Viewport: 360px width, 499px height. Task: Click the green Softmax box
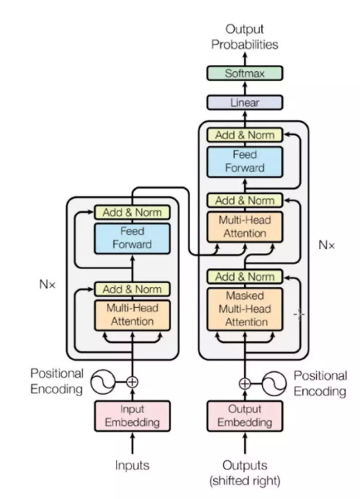coord(245,73)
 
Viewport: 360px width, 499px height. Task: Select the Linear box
coord(245,102)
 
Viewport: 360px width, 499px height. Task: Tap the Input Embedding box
coord(132,416)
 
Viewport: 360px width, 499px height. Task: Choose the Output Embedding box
coord(245,416)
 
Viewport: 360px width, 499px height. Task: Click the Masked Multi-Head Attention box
coord(245,309)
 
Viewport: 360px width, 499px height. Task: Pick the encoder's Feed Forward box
coord(132,238)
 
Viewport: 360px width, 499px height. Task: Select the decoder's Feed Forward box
coord(245,162)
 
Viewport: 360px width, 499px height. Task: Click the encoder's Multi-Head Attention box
coord(132,315)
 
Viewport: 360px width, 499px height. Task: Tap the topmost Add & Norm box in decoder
coord(245,135)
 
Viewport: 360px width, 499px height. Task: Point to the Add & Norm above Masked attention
coord(245,276)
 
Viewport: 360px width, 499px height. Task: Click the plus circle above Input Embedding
coord(132,382)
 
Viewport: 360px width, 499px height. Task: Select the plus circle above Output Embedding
coord(245,384)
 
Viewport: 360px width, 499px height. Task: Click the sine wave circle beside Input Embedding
coord(102,382)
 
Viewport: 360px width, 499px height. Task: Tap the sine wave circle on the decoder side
coord(274,384)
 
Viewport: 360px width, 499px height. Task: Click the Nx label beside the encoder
coord(47,284)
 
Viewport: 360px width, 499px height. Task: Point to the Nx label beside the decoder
coord(327,245)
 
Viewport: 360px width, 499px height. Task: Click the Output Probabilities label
coord(245,36)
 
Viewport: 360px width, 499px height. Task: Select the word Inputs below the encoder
coord(132,465)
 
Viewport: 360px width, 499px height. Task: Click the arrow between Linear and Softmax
coord(245,88)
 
